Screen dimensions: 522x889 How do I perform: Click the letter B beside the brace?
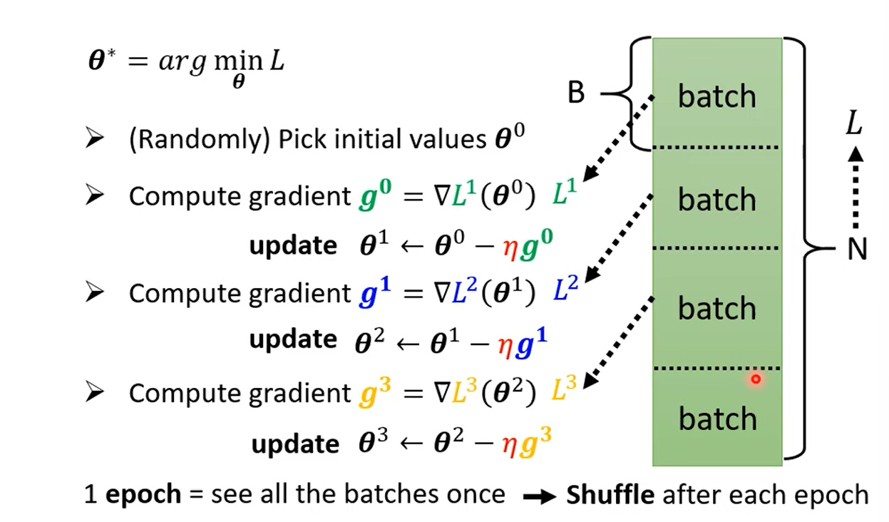[576, 93]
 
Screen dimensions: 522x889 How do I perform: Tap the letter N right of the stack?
[858, 249]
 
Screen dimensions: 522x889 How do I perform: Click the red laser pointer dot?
[756, 379]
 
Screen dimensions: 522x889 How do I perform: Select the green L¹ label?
[564, 195]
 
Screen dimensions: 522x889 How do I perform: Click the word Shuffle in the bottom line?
[610, 494]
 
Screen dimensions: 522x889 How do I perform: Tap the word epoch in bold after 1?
[143, 494]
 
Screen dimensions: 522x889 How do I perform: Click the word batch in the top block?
[716, 96]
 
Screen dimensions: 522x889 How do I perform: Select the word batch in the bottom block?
[716, 419]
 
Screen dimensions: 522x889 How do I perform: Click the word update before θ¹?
[293, 245]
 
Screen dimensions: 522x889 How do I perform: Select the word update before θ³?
[295, 444]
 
